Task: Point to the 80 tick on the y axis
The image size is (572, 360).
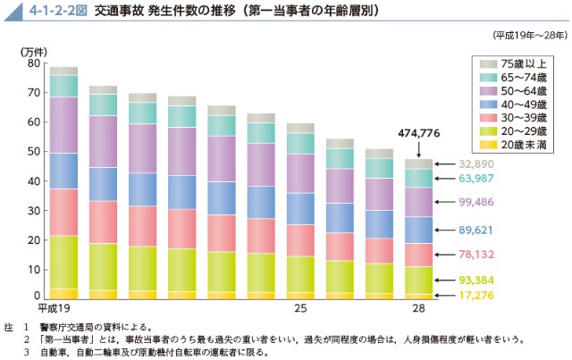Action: click(x=34, y=63)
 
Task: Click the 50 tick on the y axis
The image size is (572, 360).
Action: click(x=34, y=152)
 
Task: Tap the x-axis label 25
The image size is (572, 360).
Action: click(x=301, y=308)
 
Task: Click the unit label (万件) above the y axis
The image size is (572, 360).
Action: click(x=32, y=51)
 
